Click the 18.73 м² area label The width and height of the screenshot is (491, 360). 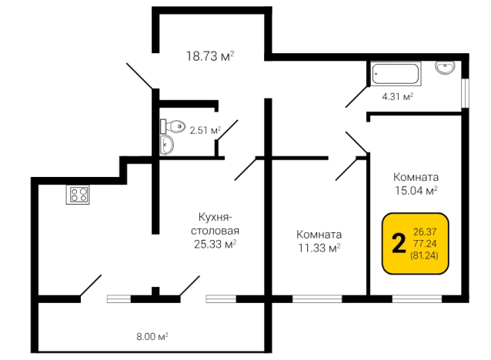[x=209, y=55]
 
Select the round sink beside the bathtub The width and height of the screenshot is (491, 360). [x=445, y=68]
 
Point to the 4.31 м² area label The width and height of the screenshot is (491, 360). [x=398, y=97]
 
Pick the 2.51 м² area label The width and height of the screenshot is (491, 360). [x=205, y=130]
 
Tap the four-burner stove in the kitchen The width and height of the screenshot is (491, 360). [x=78, y=194]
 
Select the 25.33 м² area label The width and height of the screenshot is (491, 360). [x=215, y=245]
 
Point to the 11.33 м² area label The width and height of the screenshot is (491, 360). [x=319, y=248]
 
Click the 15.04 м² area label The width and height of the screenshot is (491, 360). [x=416, y=189]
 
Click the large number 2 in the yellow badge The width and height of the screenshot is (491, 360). [x=398, y=243]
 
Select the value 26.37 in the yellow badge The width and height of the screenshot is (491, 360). [x=426, y=231]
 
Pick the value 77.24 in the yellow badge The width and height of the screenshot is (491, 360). [x=426, y=242]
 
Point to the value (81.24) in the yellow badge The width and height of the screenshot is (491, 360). [x=426, y=255]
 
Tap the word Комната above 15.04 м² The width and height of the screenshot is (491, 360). [x=416, y=175]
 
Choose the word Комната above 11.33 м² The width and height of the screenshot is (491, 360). [x=319, y=234]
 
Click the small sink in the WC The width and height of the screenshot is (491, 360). [x=166, y=145]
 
